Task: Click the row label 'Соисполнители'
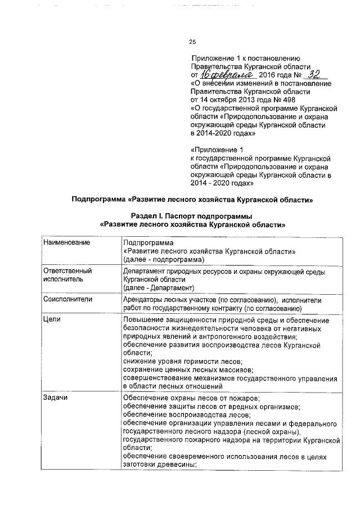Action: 67,300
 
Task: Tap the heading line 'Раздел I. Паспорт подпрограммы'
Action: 191,217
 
